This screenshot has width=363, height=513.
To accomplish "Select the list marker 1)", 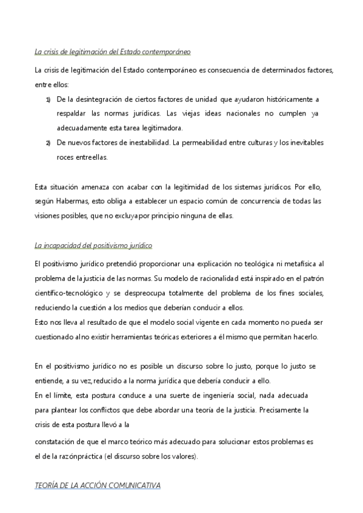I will pos(48,99).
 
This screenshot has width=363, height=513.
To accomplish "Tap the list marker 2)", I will pos(48,143).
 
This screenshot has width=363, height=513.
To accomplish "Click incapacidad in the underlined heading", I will pos(67,246).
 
